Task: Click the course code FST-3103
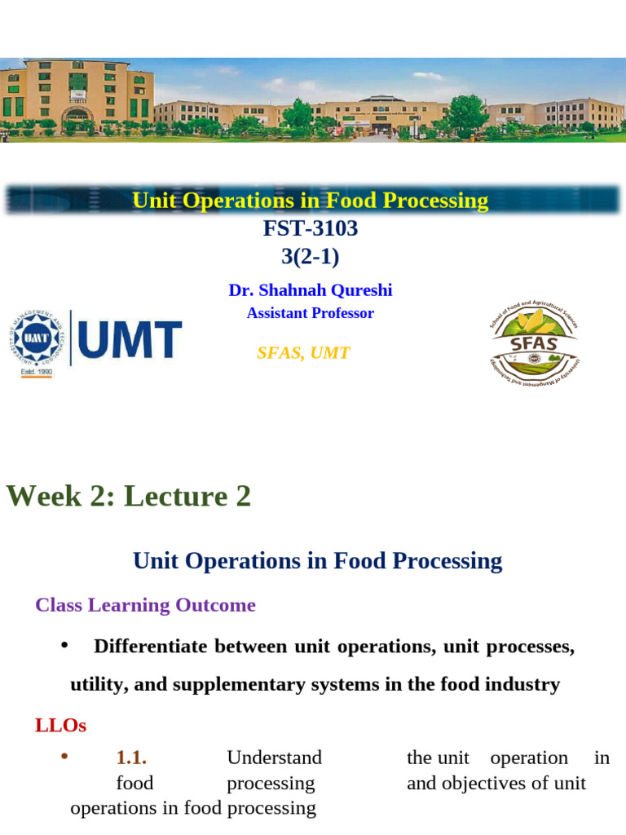coord(311,228)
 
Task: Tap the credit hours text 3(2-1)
coord(311,256)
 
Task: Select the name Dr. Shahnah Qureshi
coord(311,289)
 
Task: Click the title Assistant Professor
coord(311,313)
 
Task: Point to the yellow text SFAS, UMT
coord(303,352)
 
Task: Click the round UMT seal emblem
coord(36,338)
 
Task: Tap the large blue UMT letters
coord(130,339)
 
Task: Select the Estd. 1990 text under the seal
coord(37,372)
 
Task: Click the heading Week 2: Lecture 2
coord(128,497)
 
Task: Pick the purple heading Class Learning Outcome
coord(145,605)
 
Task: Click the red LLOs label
coord(60,725)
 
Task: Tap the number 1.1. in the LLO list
coord(131,758)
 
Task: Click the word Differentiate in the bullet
coord(151,646)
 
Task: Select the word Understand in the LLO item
coord(274,758)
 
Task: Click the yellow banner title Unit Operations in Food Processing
coord(311,201)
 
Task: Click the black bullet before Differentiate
coord(64,646)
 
